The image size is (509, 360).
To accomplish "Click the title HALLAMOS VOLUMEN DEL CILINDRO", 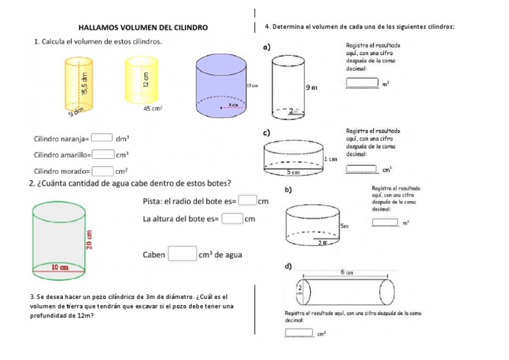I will [x=143, y=28].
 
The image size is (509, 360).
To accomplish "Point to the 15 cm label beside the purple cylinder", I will [x=251, y=87].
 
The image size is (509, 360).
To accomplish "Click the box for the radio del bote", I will [x=247, y=200].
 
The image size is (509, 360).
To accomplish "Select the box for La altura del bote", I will [x=232, y=218].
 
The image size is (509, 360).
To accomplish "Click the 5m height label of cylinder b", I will [x=345, y=226].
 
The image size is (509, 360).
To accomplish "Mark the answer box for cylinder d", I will [x=300, y=333].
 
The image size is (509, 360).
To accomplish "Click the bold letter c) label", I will [x=267, y=133].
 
